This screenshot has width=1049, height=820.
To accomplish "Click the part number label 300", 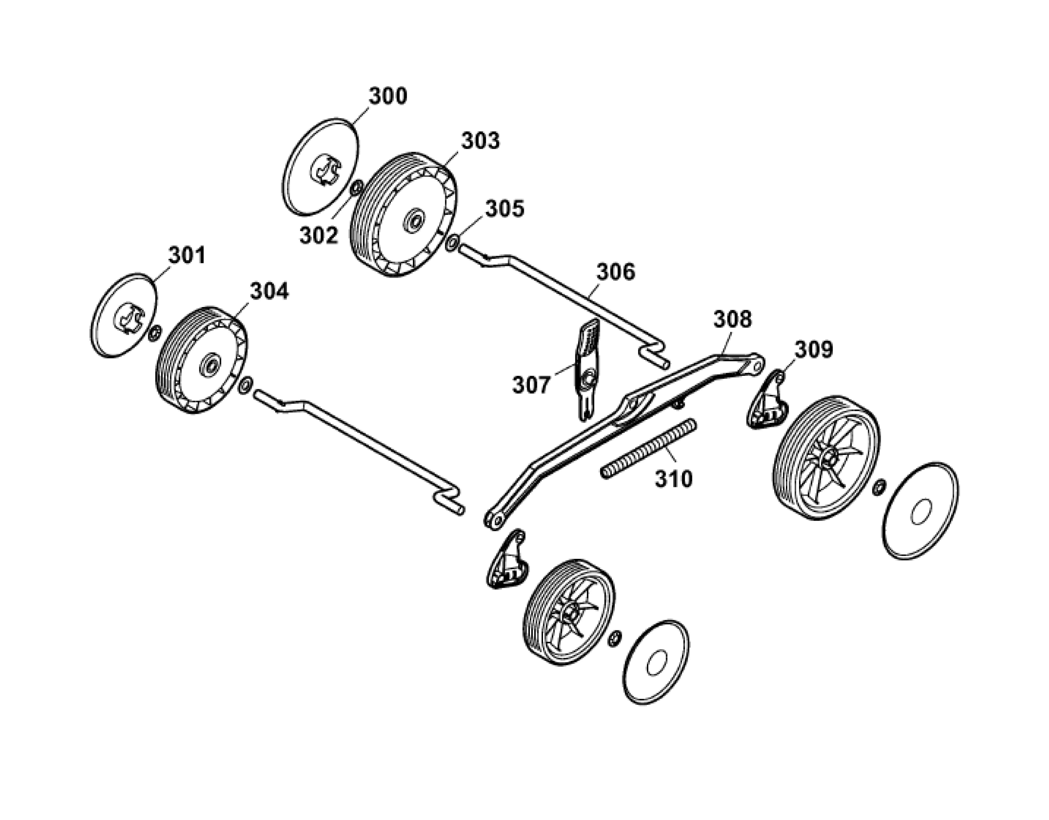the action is tap(388, 96).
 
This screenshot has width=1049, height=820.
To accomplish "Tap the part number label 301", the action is tap(187, 255).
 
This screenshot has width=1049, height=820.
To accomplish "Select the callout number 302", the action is tap(319, 235).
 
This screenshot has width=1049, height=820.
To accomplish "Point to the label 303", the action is tap(480, 141).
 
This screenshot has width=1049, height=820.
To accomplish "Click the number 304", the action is tap(270, 291).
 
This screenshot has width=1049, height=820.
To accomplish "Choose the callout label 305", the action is tap(505, 209).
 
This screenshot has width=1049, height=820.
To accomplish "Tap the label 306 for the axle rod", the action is tap(616, 272).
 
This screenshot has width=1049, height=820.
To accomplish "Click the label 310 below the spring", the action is tap(674, 479).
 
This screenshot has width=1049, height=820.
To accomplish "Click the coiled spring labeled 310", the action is tap(649, 448).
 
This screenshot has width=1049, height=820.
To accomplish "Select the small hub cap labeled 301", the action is tap(124, 315).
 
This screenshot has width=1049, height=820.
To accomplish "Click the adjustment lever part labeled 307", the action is tap(587, 370).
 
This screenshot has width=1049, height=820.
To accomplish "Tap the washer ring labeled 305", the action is tap(453, 242).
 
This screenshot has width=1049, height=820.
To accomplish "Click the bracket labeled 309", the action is tap(768, 400).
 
